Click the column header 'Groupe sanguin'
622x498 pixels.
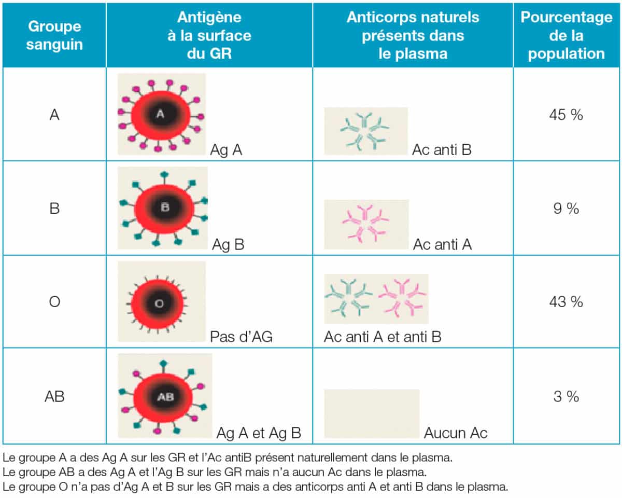[x=55, y=35]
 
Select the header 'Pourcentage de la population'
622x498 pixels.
[x=566, y=35]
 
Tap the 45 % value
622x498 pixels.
[x=566, y=115]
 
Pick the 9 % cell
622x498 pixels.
[x=566, y=209]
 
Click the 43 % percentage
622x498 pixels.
[x=566, y=301]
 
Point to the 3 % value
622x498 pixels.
[x=566, y=397]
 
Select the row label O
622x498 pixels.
[x=55, y=301]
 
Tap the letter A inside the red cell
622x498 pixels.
[x=160, y=115]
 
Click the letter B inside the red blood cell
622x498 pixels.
[x=165, y=208]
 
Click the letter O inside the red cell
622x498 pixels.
[x=159, y=303]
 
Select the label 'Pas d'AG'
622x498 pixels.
[x=241, y=337]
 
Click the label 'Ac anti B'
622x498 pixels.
[x=442, y=150]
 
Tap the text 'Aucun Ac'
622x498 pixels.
[x=456, y=433]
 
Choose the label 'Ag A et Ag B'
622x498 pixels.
[x=259, y=433]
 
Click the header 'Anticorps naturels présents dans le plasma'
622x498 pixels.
[x=413, y=35]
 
